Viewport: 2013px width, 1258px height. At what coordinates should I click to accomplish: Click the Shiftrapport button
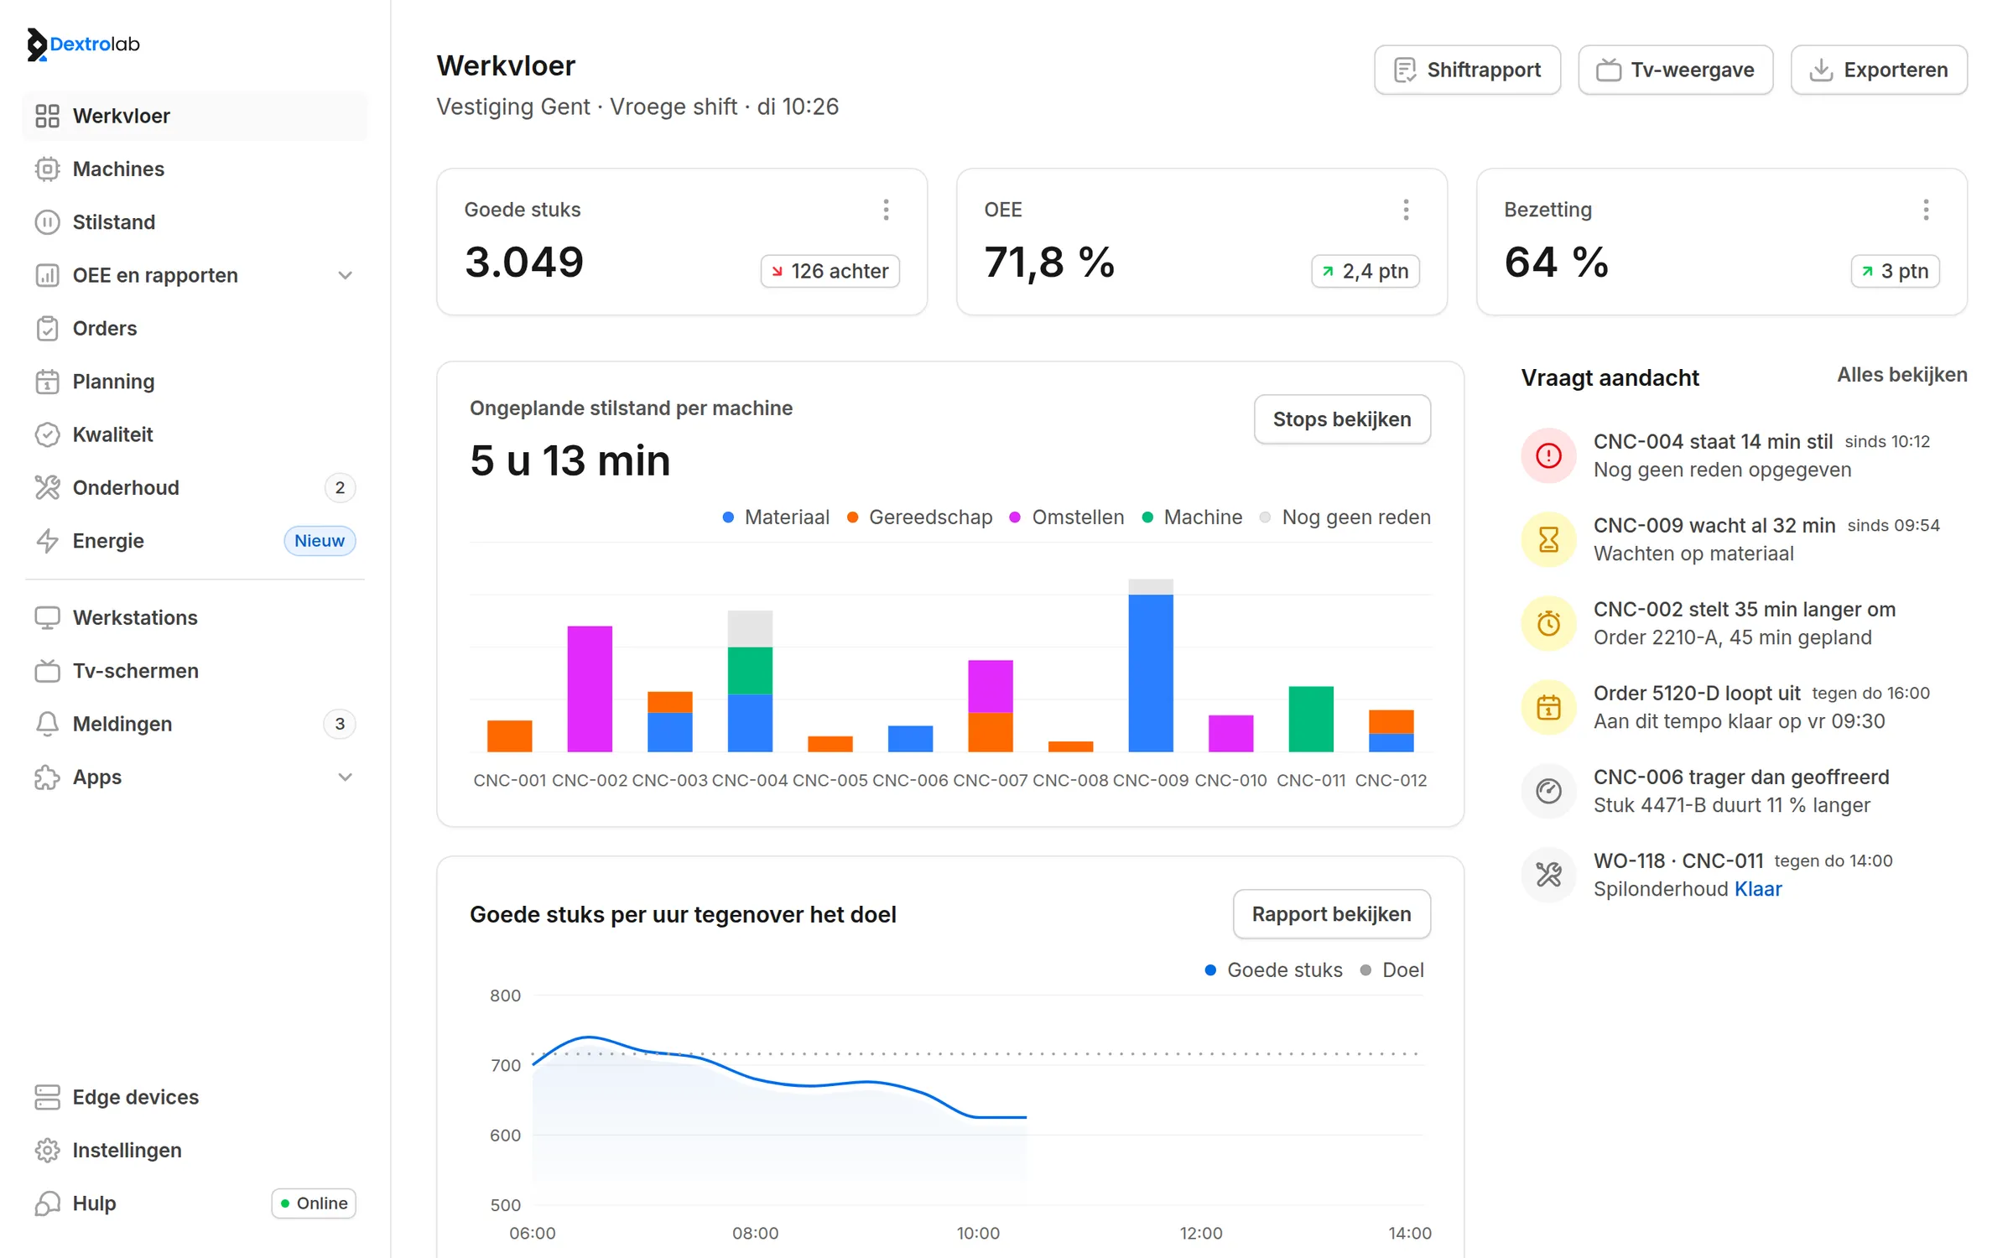1467,70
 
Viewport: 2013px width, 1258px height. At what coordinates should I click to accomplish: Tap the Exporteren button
1879,70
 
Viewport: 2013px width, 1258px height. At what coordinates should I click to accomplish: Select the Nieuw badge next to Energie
320,541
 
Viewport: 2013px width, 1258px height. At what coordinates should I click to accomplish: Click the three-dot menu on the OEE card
1406,210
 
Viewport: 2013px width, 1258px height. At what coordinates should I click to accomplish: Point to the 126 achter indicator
830,271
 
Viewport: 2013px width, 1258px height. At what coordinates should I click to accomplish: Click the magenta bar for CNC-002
590,689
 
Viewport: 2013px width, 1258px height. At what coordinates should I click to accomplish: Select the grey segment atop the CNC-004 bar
750,628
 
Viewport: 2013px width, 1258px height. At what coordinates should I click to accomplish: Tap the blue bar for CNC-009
1151,673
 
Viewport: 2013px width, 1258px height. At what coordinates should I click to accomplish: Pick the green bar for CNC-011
1311,719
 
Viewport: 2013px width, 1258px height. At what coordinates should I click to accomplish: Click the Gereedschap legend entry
920,517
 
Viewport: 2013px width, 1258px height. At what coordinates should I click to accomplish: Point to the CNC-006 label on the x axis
910,780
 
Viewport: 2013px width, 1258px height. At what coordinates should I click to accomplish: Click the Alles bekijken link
1902,375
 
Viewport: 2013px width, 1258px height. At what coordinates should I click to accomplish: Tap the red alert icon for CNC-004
1548,455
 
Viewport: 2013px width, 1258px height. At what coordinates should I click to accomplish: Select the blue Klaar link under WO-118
1758,889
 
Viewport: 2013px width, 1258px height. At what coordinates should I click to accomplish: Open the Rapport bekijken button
1332,914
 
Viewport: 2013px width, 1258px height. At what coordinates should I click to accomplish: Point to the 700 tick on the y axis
506,1065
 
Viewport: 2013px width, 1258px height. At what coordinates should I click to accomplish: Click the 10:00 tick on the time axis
978,1233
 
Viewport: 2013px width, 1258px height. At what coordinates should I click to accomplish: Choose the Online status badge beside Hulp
314,1203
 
